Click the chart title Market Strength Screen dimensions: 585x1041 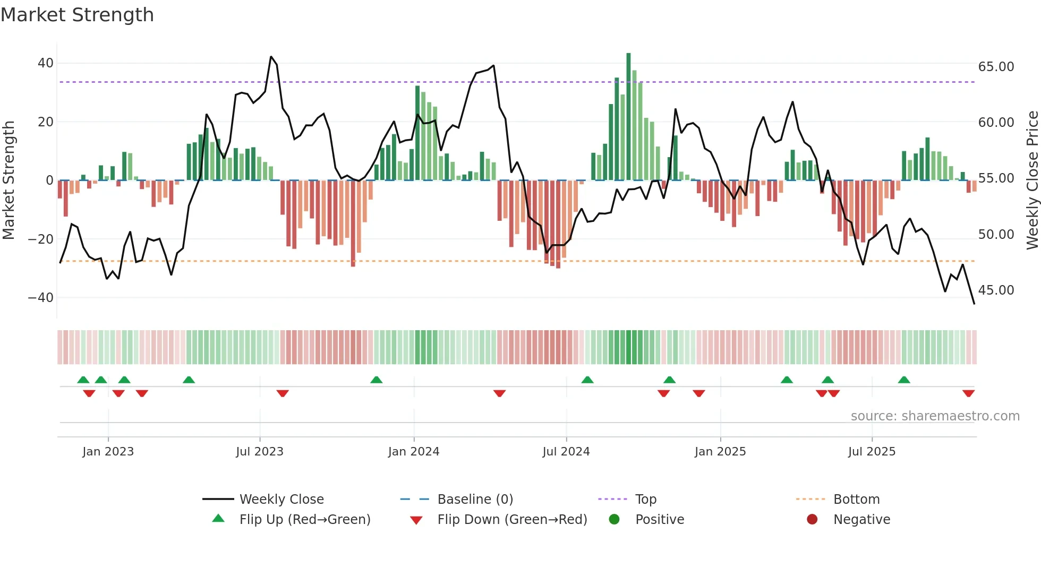[77, 15]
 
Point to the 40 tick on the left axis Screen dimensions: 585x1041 [46, 63]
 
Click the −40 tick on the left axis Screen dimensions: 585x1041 [41, 298]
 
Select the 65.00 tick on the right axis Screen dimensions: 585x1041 [996, 67]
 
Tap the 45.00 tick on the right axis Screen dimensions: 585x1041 [996, 290]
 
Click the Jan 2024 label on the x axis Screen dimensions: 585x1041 [414, 452]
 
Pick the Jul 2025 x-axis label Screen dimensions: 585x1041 [872, 452]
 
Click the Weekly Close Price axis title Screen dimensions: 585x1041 [1032, 180]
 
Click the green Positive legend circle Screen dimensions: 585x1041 [615, 520]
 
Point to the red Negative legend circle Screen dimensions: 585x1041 [812, 520]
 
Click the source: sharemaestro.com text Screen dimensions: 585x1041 [935, 416]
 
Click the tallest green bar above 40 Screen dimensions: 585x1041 [628, 117]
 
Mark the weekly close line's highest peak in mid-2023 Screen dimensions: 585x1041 [271, 57]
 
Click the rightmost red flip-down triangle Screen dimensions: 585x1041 [968, 393]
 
